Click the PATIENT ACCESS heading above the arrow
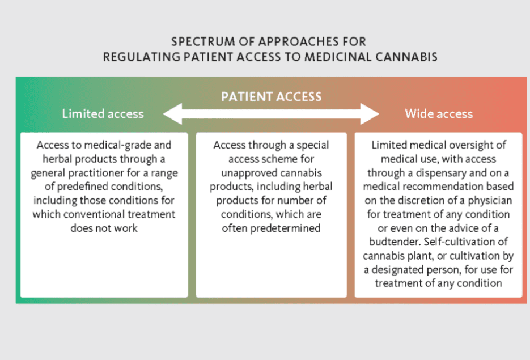coord(271,97)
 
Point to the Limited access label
coord(103,114)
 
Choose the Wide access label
coord(439,114)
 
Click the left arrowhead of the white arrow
coord(172,114)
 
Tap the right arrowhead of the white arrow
coord(370,114)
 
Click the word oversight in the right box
coord(468,145)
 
